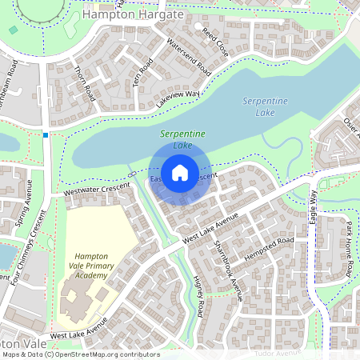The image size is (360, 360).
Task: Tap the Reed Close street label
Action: pos(214,41)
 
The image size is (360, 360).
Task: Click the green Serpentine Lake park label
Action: pos(182,139)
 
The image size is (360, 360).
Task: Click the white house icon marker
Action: pos(180,172)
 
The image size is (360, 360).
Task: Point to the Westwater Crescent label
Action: pos(95,190)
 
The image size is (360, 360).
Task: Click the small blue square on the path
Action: pos(46,135)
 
